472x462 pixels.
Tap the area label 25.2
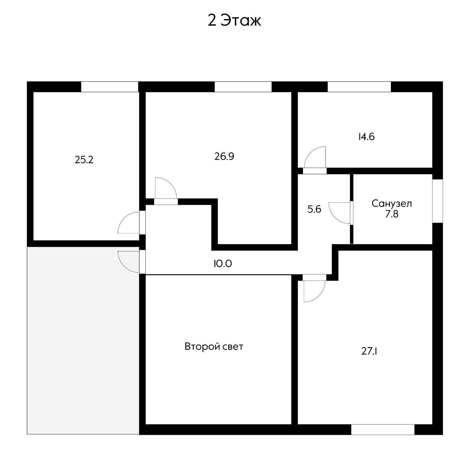coord(84,160)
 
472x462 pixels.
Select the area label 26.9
coord(224,157)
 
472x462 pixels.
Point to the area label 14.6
coord(366,137)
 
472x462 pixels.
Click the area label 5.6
coord(314,209)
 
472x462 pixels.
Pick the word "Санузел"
coord(392,204)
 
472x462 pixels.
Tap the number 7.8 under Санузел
coord(392,214)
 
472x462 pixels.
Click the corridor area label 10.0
coord(222,264)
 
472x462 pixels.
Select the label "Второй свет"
coord(214,346)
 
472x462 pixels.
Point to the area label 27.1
coord(369,351)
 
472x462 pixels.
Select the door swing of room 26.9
coord(166,188)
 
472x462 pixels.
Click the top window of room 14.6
coord(359,87)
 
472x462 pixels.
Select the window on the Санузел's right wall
coord(438,201)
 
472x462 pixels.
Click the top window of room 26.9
coord(243,87)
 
